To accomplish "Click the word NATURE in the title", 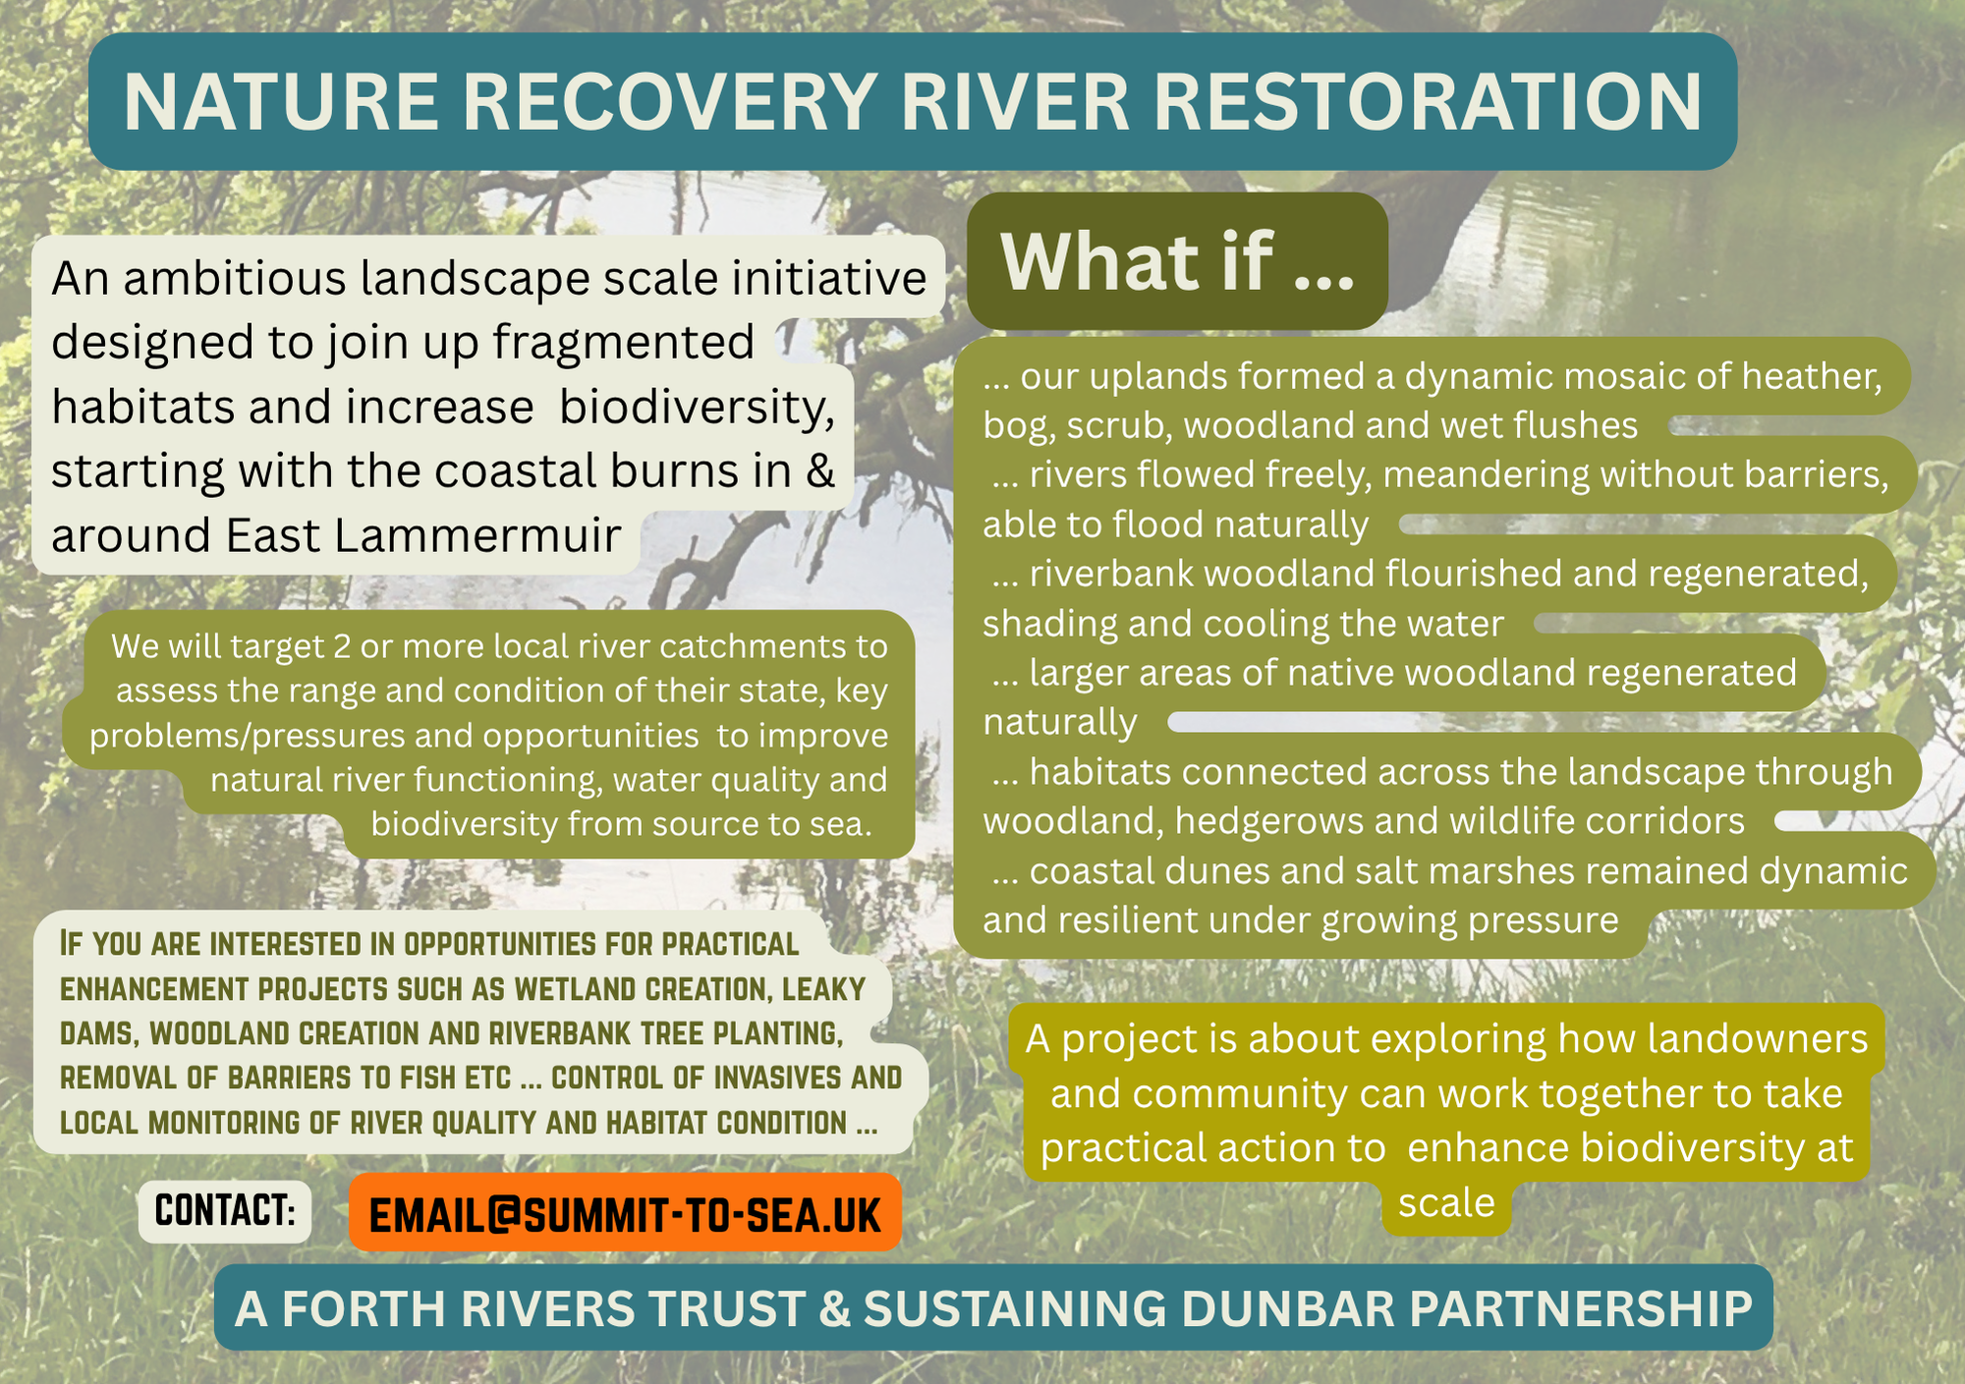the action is pyautogui.click(x=281, y=102).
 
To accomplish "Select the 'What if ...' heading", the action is pyautogui.click(x=1177, y=261).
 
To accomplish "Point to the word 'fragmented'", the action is pyautogui.click(x=623, y=343).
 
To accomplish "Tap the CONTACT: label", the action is pyautogui.click(x=225, y=1211).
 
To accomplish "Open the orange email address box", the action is pyautogui.click(x=625, y=1213).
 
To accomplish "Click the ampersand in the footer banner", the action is pyautogui.click(x=834, y=1309).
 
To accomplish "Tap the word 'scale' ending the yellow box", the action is pyautogui.click(x=1446, y=1203).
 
